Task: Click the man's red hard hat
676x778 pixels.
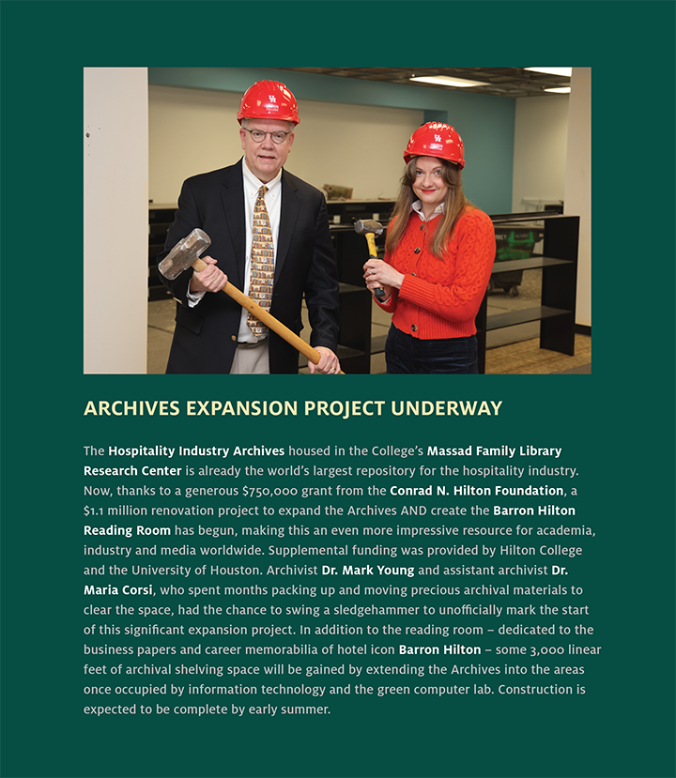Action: click(268, 101)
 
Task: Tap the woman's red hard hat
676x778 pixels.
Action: click(434, 142)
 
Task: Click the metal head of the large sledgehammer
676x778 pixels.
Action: click(184, 252)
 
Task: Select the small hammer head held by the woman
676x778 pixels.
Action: click(368, 226)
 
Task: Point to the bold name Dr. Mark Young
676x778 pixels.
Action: click(367, 570)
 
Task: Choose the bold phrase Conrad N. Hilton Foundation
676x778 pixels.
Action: click(476, 491)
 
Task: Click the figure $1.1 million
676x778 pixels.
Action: click(115, 511)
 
